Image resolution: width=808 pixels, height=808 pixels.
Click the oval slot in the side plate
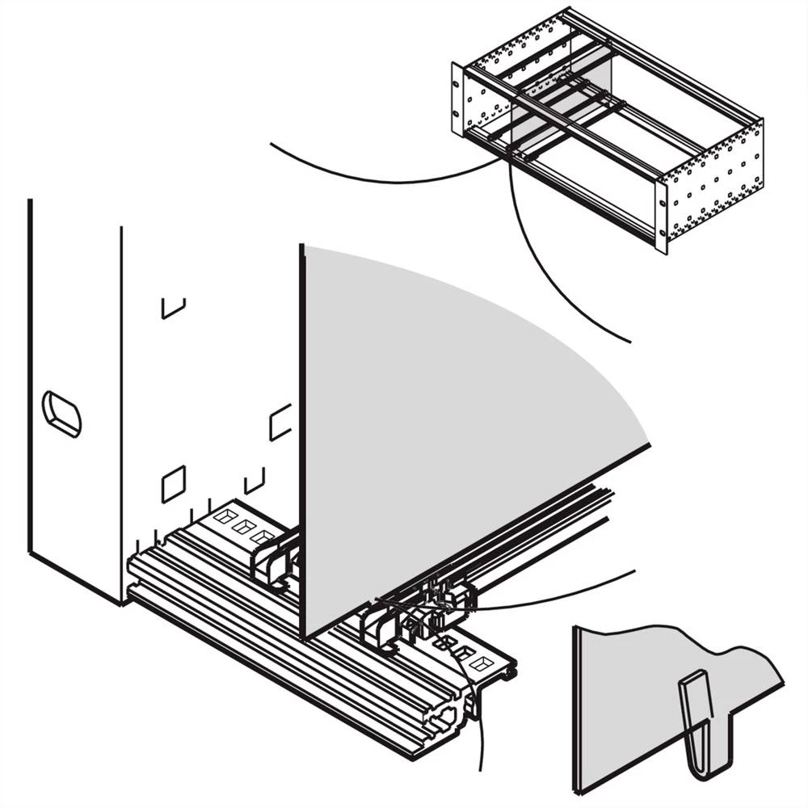(62, 414)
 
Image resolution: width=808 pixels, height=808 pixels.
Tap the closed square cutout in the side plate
(174, 483)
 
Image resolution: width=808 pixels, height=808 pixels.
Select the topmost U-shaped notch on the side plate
(173, 308)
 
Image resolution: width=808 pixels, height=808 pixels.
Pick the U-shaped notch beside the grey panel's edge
(280, 422)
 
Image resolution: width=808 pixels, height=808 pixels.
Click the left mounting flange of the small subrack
(458, 99)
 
